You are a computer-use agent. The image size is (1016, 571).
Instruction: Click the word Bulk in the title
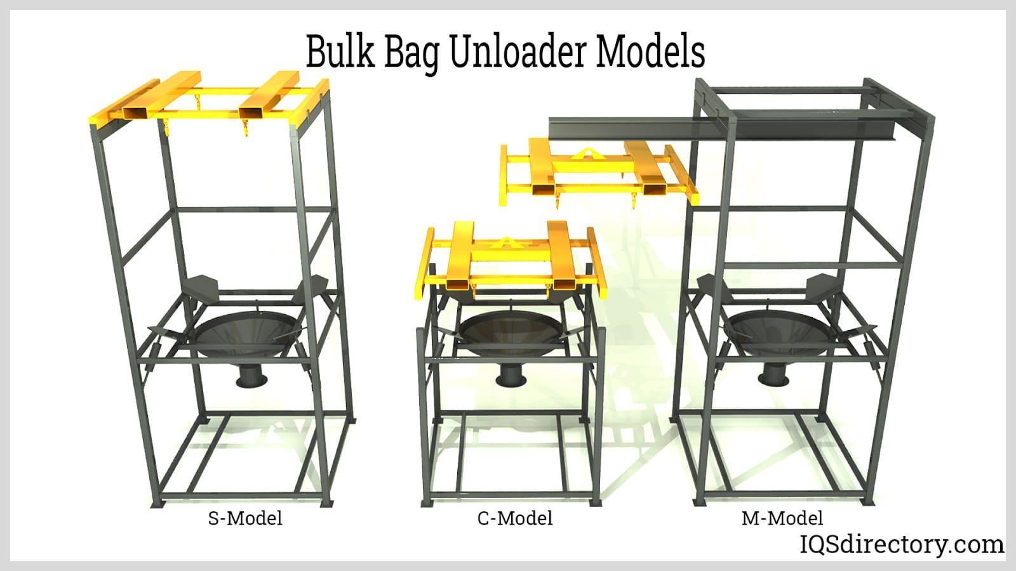click(x=340, y=51)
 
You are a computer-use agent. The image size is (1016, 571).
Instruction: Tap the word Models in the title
click(x=650, y=51)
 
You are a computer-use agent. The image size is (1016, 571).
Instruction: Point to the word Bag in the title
click(x=412, y=53)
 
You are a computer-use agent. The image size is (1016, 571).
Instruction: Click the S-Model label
click(x=245, y=518)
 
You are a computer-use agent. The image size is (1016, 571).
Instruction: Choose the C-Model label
click(x=515, y=518)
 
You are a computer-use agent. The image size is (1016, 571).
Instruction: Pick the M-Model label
click(x=782, y=518)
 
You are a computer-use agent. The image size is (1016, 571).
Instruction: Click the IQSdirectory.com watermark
click(x=902, y=544)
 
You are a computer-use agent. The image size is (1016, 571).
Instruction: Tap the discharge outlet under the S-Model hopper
click(x=252, y=376)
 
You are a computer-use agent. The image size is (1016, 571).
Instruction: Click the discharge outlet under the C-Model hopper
click(x=511, y=375)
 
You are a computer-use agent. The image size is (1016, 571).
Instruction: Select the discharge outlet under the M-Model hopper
click(x=774, y=374)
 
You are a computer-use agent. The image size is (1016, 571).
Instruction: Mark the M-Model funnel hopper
click(x=777, y=332)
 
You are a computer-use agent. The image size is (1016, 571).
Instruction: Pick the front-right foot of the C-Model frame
click(x=596, y=502)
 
